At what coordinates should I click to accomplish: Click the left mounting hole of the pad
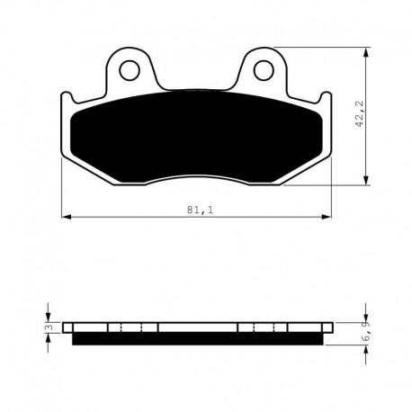click(x=130, y=70)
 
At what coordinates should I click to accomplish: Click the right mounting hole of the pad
click(x=264, y=70)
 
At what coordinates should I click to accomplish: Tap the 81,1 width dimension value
click(x=200, y=210)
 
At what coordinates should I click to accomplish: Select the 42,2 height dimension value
click(x=359, y=114)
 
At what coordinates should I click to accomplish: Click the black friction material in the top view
click(x=196, y=137)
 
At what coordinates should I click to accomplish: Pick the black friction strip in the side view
click(x=198, y=339)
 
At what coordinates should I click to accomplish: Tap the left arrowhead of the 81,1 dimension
click(x=67, y=217)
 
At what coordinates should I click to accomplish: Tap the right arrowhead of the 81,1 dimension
click(x=327, y=217)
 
